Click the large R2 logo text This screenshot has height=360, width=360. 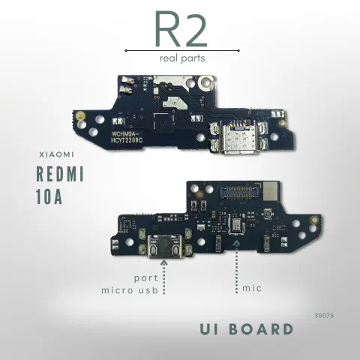pos(181,29)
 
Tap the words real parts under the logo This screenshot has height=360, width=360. pos(182,58)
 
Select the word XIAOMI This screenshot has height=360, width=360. pos(56,154)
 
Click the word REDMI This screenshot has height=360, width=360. pos(60,174)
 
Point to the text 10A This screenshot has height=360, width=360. pos(49,196)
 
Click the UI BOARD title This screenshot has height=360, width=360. pos(247,329)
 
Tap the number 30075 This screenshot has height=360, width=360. pos(324,316)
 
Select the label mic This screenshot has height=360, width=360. pos(252,289)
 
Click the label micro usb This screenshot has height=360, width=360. pos(130,290)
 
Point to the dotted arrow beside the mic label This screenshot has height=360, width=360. pos(236,267)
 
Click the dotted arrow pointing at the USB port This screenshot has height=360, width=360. pos(164,277)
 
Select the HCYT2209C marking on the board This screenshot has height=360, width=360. pos(127,140)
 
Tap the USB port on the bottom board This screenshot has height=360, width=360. pos(165,246)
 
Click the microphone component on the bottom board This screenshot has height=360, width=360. pos(236,226)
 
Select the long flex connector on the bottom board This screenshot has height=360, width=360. pos(239,192)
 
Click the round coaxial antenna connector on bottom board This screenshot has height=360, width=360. pos(267,214)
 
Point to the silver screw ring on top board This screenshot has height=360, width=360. pos(205,82)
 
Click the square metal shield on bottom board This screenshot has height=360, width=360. pos(270,191)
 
